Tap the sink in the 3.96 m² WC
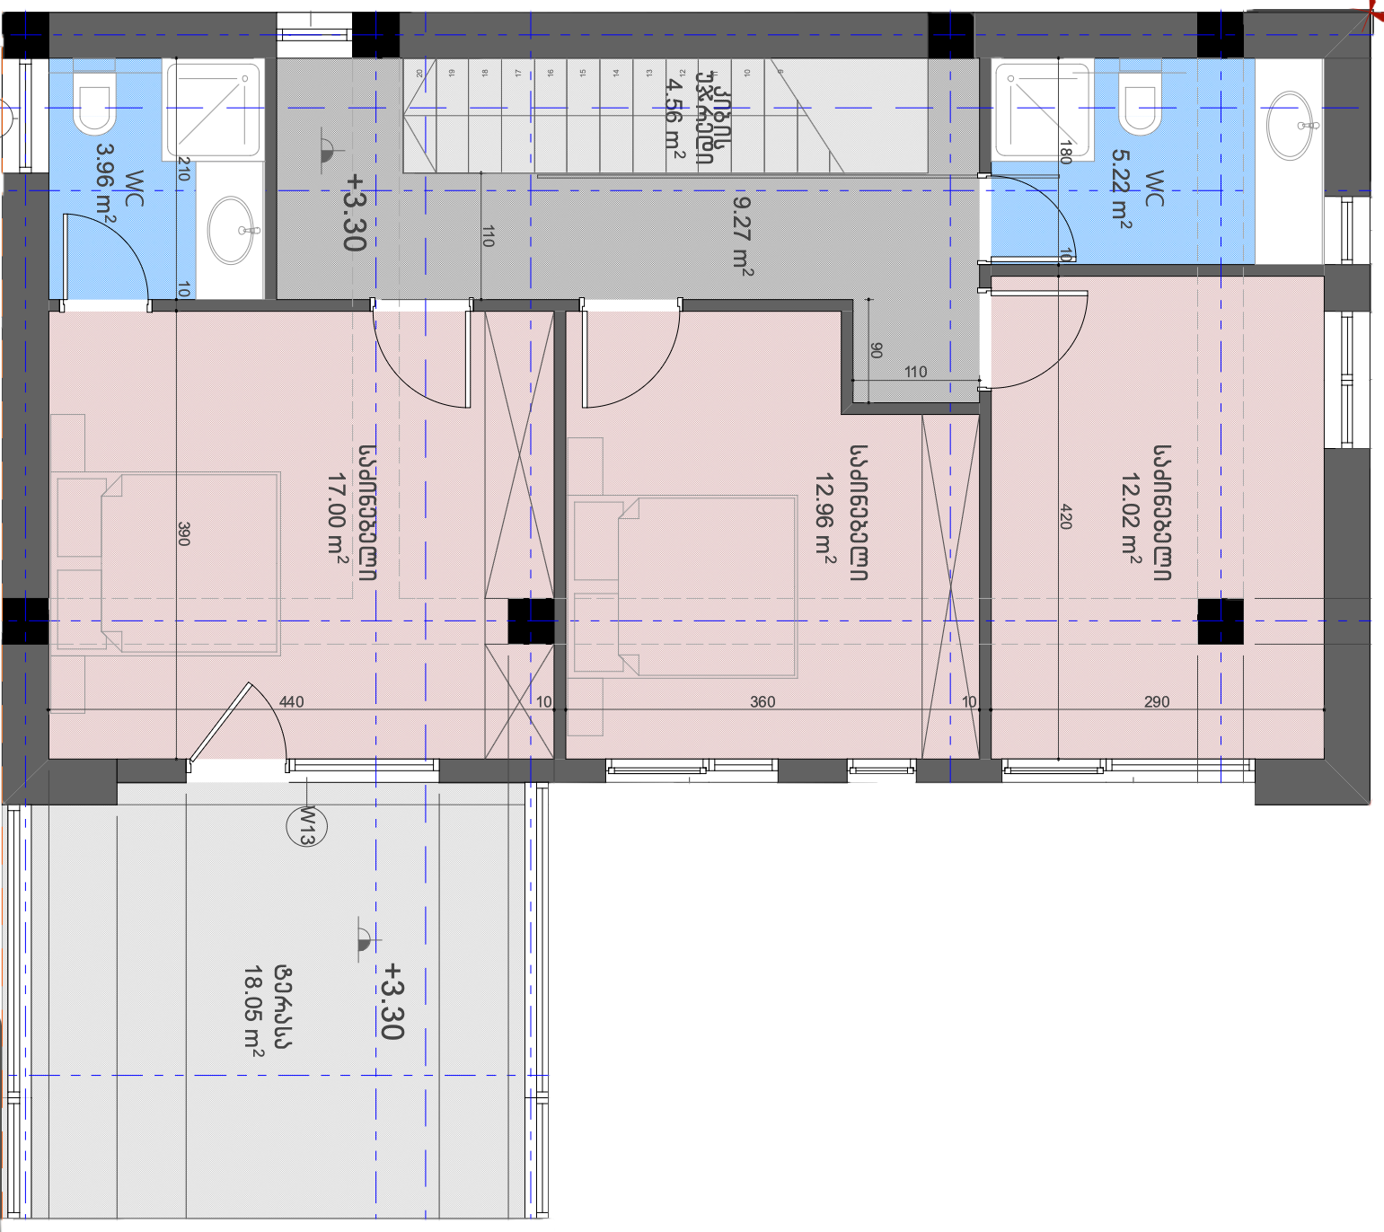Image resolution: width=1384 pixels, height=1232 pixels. coord(231,230)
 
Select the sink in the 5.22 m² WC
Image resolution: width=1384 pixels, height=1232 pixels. coord(1290,125)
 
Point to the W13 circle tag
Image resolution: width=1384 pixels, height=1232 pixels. coord(305,826)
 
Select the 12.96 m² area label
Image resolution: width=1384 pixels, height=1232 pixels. coord(825,514)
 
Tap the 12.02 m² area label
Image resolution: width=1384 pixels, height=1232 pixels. coord(1131,514)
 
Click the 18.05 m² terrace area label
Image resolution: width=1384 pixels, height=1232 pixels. coord(253,1008)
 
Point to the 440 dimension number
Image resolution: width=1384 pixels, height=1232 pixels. coord(291,701)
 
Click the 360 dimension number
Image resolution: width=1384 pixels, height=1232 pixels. coord(763,701)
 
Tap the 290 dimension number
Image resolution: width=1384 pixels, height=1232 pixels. coord(1157,701)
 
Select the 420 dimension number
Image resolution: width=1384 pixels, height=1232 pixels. coord(1066,516)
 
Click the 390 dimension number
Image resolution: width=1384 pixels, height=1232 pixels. coord(184,533)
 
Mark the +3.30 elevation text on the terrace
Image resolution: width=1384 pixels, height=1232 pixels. coord(392,1000)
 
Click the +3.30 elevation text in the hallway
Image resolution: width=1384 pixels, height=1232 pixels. coord(354,212)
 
